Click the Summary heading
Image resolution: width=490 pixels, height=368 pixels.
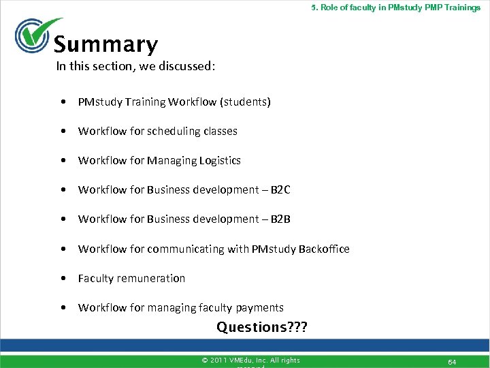[x=105, y=45]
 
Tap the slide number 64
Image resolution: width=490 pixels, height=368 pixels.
[x=451, y=361]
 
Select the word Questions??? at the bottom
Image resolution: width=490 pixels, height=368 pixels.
[x=262, y=327]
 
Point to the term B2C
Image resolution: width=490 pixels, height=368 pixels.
[x=280, y=189]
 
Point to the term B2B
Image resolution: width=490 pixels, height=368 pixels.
[x=280, y=219]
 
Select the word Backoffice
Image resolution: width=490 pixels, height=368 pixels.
[x=323, y=249]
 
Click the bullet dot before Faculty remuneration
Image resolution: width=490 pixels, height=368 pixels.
[x=63, y=278]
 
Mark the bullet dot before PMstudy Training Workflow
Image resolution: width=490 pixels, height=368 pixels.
[x=63, y=102]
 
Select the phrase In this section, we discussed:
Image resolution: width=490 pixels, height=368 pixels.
[x=136, y=66]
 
